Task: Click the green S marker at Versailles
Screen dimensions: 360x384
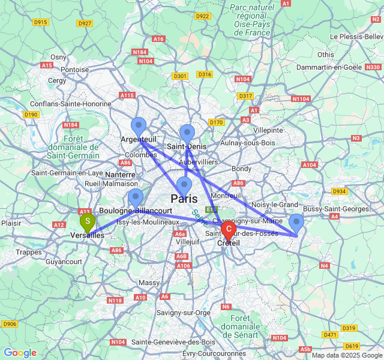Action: click(87, 223)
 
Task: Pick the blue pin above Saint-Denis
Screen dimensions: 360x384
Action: click(187, 133)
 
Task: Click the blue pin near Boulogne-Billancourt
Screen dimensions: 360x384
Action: click(136, 197)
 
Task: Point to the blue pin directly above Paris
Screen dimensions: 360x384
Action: click(184, 185)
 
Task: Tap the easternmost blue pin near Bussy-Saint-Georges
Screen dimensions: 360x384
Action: click(296, 223)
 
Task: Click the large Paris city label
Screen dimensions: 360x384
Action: click(184, 199)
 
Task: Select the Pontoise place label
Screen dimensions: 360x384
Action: click(75, 70)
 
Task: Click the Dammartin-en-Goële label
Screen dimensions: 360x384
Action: click(329, 67)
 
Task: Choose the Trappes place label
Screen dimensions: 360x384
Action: click(29, 252)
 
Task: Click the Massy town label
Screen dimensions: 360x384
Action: click(149, 282)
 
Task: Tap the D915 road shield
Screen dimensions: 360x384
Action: click(40, 22)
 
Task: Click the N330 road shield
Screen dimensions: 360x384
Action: click(373, 67)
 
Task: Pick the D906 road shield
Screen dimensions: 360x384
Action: click(10, 324)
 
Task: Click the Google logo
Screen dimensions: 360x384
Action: click(20, 353)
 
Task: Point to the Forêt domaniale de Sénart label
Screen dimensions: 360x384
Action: click(248, 326)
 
